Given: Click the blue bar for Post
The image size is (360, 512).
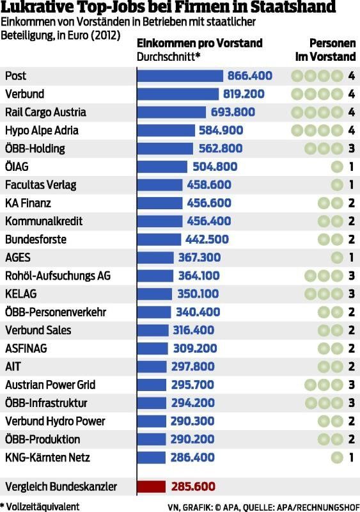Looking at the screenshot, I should [180, 76].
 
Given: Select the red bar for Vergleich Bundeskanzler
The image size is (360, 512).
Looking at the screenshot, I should [152, 486].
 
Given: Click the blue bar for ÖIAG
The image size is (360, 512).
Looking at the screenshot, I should [162, 167].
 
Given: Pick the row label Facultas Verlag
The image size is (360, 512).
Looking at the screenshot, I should [41, 185].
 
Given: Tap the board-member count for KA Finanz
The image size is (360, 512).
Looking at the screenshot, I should [352, 204].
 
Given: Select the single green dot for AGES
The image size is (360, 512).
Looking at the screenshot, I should [336, 258].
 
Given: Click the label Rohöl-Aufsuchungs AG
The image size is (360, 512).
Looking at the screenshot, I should [58, 276].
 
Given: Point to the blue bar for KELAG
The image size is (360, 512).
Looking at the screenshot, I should [155, 294].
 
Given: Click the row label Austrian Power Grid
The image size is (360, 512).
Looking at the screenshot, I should [50, 385].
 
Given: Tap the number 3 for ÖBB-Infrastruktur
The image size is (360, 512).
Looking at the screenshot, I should [352, 403].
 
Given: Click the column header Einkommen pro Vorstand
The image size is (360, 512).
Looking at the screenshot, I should [200, 44].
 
